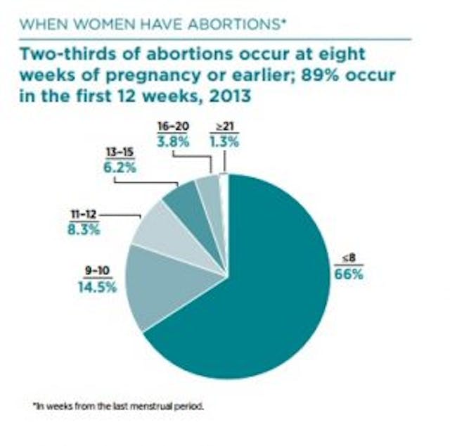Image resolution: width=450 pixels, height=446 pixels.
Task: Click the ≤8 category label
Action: pyautogui.click(x=347, y=259)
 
